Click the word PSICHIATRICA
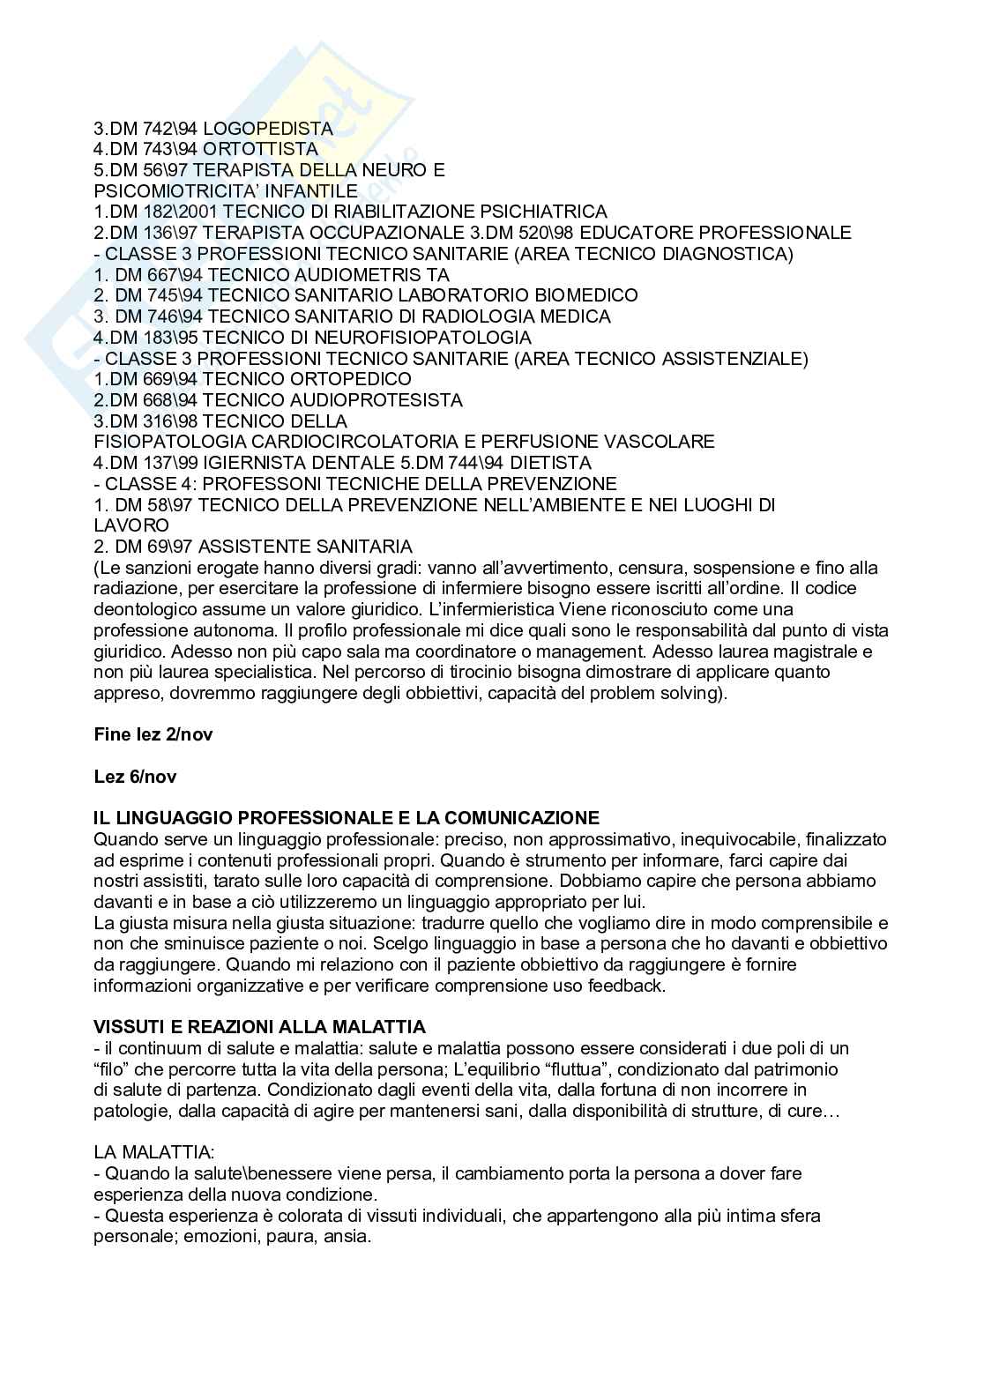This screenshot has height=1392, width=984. tap(543, 212)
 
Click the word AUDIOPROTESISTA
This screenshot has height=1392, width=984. tap(384, 400)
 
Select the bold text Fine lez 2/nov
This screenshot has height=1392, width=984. tap(153, 734)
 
